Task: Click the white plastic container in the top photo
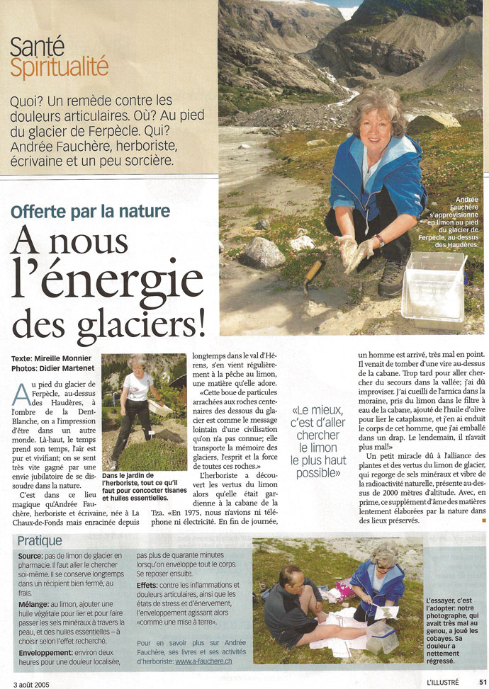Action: (x=433, y=283)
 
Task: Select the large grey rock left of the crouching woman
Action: (x=264, y=252)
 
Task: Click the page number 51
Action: (x=482, y=682)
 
